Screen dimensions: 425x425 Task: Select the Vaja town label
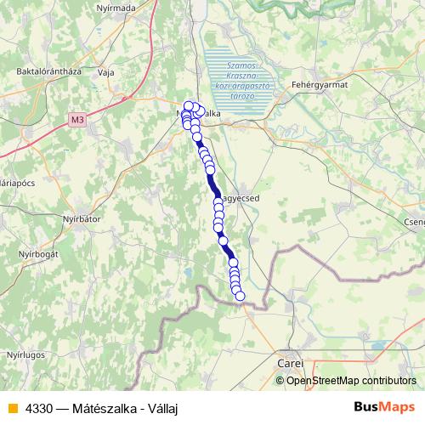pos(106,72)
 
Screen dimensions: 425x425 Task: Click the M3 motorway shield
pos(77,120)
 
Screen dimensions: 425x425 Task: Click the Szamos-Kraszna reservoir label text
pos(241,81)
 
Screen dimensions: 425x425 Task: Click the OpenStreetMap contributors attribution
pos(351,380)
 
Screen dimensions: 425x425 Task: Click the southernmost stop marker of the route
pos(240,296)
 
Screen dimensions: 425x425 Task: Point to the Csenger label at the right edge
pos(415,222)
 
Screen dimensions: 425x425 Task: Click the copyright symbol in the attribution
pos(281,380)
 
